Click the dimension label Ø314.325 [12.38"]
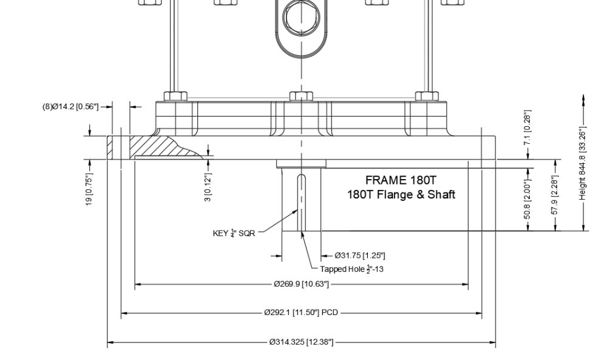pos(301,342)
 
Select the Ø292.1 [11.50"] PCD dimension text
pos(301,313)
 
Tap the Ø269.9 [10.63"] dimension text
pos(301,284)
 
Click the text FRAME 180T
pos(401,180)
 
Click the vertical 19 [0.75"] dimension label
pos(90,191)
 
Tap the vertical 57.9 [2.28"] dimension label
pos(555,195)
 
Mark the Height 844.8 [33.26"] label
pos(583,163)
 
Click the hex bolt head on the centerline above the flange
pos(300,96)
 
